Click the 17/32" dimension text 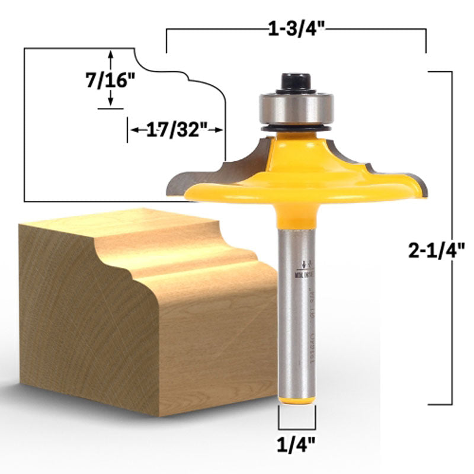175,130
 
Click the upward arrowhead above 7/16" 111,55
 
